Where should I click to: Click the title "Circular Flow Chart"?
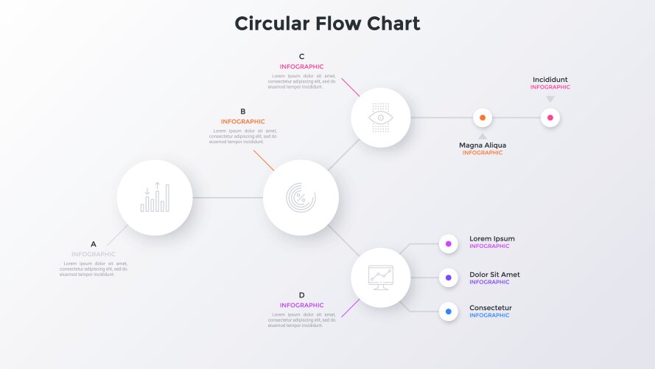327,24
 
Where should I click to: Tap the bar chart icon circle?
155,198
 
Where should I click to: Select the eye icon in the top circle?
381,117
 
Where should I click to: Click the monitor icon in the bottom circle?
381,277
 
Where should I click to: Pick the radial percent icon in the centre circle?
301,198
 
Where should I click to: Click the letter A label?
94,244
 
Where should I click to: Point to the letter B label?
242,112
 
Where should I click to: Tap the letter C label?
301,57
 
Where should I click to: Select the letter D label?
301,295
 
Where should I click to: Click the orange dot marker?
483,117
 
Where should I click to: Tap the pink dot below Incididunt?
550,117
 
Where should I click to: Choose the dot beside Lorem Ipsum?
449,243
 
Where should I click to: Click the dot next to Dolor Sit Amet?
449,277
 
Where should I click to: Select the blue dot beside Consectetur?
449,312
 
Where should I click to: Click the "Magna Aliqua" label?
483,145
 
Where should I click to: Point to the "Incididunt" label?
550,80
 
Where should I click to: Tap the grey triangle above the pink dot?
550,99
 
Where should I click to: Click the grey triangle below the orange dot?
483,136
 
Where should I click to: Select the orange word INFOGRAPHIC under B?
242,122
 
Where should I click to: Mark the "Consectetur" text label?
491,308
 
